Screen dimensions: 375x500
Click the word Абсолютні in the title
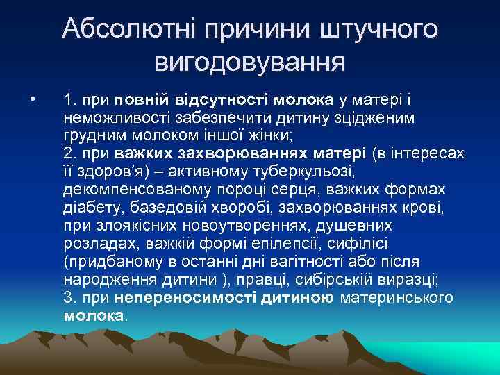pyautogui.click(x=127, y=29)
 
